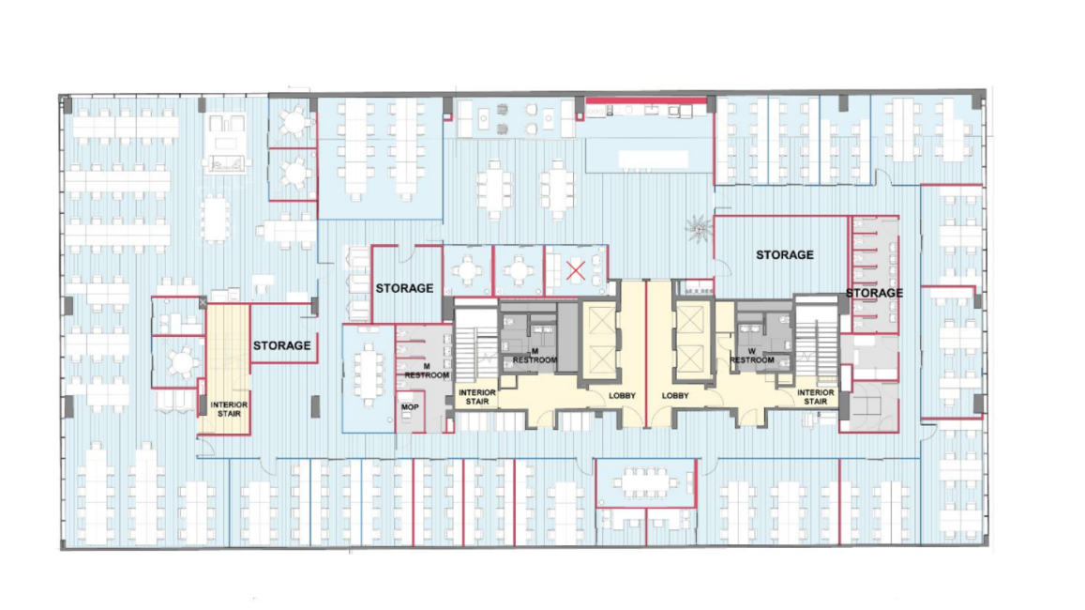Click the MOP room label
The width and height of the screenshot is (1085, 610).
(410, 407)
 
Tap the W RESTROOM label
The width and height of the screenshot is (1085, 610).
(751, 356)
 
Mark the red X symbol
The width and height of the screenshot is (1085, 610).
(576, 270)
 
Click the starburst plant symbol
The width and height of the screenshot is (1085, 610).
(699, 228)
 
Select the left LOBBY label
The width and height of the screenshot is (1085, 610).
(622, 396)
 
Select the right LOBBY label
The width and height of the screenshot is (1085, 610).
(675, 396)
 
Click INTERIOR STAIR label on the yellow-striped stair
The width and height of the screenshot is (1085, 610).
(229, 409)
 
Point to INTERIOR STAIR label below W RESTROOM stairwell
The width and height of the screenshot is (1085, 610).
(815, 397)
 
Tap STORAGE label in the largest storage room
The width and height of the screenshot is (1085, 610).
(785, 255)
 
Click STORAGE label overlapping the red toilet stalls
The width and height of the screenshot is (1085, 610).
(874, 293)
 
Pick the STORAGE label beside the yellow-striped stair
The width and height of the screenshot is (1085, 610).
(281, 345)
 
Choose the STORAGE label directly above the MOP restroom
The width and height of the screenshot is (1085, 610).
(405, 288)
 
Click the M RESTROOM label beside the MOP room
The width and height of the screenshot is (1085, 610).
(427, 371)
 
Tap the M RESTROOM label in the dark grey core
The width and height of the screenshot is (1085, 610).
(535, 356)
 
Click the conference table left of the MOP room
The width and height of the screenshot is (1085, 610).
(369, 374)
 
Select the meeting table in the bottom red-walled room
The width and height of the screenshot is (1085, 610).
(643, 482)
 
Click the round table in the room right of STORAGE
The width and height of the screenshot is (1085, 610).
(467, 268)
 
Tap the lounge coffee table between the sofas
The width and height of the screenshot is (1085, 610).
(227, 144)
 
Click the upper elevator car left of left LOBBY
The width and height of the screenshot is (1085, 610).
(600, 319)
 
